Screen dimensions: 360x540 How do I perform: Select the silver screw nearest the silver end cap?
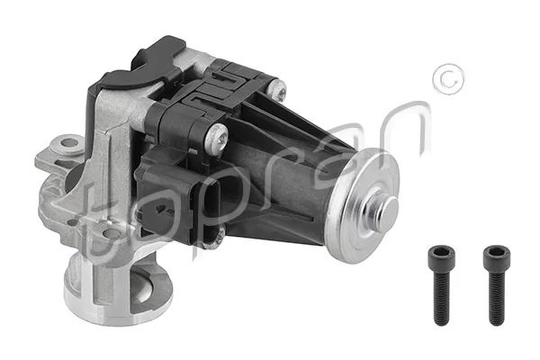click(x=277, y=88)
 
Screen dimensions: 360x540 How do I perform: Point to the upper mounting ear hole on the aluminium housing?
click(x=68, y=144)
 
